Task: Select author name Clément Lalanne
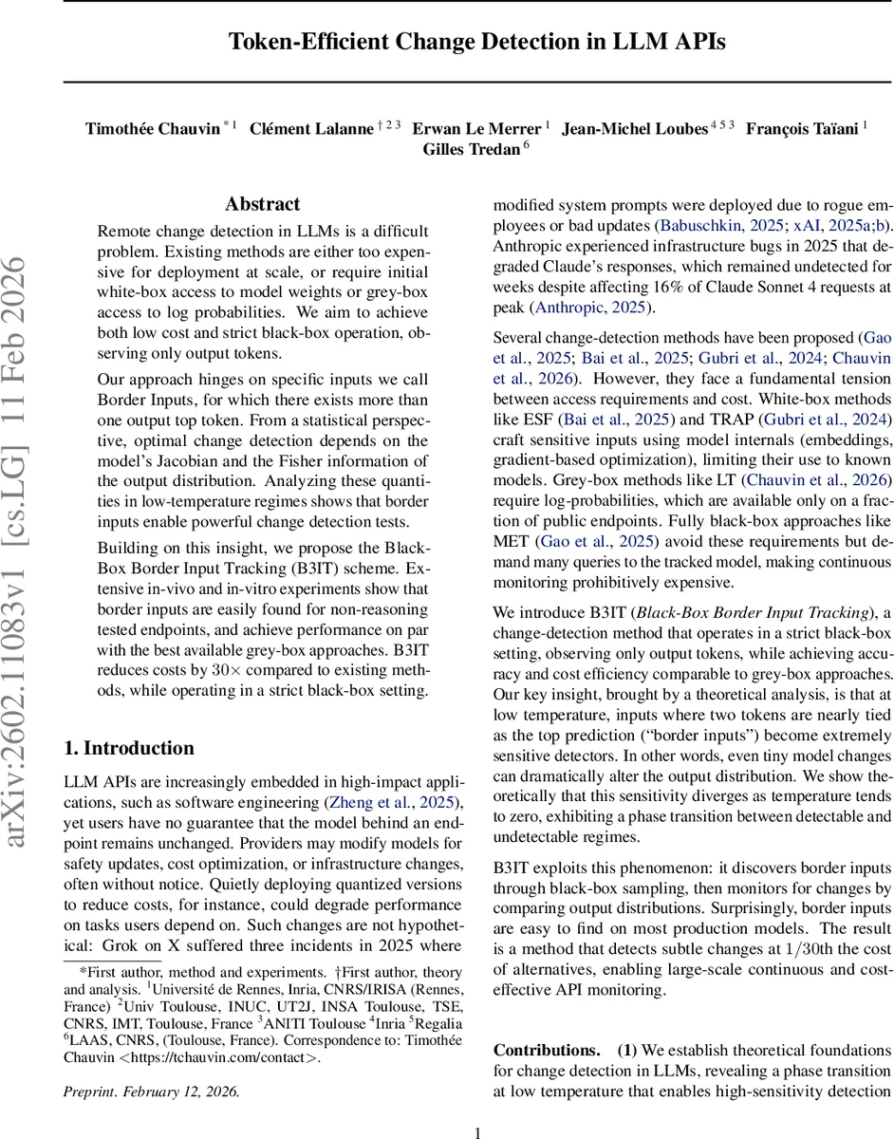311,129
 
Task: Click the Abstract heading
263,204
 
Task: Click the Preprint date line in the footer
152,1091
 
